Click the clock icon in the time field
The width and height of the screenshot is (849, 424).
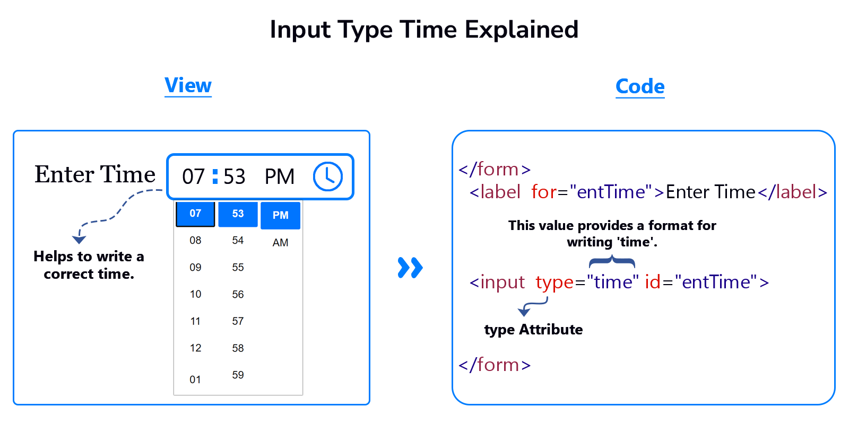click(x=328, y=176)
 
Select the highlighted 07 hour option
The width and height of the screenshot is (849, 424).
click(x=195, y=214)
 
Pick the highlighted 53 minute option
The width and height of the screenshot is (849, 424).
click(x=238, y=214)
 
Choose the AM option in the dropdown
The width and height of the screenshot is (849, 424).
click(x=281, y=243)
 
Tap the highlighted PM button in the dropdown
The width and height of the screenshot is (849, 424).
click(x=281, y=215)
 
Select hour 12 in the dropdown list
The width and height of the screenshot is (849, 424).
click(x=196, y=348)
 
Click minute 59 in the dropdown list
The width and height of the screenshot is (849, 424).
click(x=238, y=375)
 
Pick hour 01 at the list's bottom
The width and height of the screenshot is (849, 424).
click(x=195, y=379)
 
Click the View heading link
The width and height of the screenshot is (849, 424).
click(x=188, y=85)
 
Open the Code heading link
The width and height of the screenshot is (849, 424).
click(x=640, y=87)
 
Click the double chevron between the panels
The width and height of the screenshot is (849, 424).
click(x=410, y=268)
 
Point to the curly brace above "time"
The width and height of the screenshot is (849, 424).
click(x=612, y=262)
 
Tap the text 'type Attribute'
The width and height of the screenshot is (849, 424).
click(x=534, y=330)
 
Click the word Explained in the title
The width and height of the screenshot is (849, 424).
click(x=522, y=30)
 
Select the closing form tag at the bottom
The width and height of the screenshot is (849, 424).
click(x=495, y=365)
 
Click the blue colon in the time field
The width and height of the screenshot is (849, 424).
click(x=215, y=176)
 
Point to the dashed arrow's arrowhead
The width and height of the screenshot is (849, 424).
click(x=79, y=240)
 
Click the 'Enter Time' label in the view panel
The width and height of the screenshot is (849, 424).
click(x=95, y=174)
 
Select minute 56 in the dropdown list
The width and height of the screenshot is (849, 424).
click(x=238, y=294)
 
